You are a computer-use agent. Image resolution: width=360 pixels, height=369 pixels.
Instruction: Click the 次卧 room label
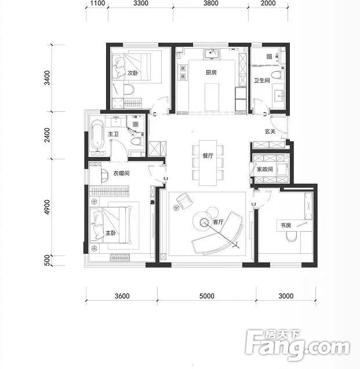[x=133, y=73]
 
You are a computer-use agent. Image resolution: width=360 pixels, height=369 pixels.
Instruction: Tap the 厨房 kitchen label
[x=211, y=72]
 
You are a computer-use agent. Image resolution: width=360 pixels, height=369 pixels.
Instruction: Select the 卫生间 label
[x=261, y=81]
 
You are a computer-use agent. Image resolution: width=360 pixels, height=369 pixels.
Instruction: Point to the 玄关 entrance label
[x=270, y=131]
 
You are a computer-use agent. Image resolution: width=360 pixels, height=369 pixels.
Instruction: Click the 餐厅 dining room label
[x=208, y=156]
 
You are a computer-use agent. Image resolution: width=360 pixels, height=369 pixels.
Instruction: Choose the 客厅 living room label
[x=218, y=222]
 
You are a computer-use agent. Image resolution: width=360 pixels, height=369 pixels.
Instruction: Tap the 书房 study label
[x=286, y=225]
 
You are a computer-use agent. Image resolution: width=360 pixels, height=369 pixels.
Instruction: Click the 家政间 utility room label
[x=265, y=169]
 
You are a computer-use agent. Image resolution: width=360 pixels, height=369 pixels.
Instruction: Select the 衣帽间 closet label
[x=121, y=173]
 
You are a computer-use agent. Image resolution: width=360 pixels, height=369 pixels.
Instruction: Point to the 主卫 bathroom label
[x=113, y=134]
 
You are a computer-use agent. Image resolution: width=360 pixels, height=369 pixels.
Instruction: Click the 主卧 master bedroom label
[x=111, y=233]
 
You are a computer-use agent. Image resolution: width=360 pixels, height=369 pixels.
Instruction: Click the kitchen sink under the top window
[x=212, y=53]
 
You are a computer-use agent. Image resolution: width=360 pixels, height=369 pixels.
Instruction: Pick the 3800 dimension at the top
[x=211, y=3]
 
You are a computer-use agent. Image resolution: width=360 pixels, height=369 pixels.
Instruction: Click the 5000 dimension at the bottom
[x=207, y=296]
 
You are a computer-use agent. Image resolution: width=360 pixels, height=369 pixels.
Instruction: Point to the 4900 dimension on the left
[x=48, y=207]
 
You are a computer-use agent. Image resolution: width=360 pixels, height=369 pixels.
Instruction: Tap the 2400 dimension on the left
[x=48, y=135]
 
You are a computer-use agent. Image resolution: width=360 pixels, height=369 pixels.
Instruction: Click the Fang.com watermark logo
[x=297, y=345]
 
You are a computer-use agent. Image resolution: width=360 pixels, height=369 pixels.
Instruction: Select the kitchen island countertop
[x=212, y=97]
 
